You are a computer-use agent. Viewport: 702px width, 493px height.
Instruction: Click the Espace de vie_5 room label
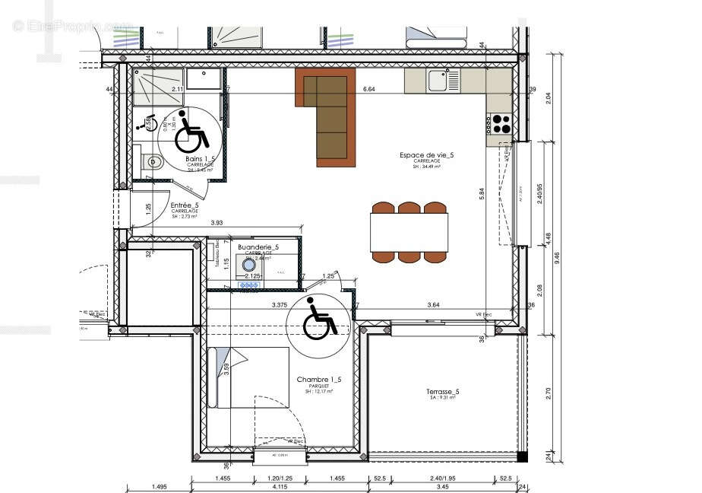pyautogui.click(x=426, y=155)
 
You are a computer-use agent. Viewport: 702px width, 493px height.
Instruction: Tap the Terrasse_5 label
pyautogui.click(x=442, y=392)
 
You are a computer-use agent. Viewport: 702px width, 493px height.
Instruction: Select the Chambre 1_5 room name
pyautogui.click(x=319, y=380)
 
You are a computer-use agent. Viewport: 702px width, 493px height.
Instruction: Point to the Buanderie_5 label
pyautogui.click(x=258, y=247)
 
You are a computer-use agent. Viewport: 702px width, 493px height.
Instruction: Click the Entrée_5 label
pyautogui.click(x=185, y=205)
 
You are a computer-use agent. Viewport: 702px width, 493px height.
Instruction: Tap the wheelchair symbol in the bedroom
pyautogui.click(x=319, y=319)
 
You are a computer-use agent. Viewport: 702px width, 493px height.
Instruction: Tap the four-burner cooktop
pyautogui.click(x=501, y=123)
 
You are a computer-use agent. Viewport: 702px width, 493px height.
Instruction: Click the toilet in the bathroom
pyautogui.click(x=152, y=161)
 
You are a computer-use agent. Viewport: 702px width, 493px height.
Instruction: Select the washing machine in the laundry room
pyautogui.click(x=248, y=263)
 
